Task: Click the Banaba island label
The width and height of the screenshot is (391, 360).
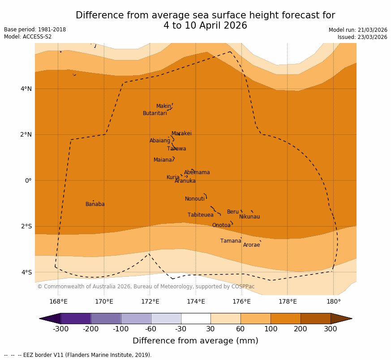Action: (x=95, y=204)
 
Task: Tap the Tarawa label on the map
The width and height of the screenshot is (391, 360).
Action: (x=176, y=149)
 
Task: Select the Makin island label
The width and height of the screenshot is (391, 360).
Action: (x=163, y=106)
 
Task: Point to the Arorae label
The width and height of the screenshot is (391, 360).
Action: (x=251, y=245)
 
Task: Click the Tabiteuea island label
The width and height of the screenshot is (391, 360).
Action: (x=200, y=215)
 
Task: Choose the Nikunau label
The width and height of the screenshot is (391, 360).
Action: (x=249, y=217)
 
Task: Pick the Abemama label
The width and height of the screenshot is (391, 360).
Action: (x=197, y=172)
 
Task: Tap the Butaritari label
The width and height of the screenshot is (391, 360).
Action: (x=155, y=113)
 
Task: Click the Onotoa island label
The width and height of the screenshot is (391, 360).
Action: (x=221, y=225)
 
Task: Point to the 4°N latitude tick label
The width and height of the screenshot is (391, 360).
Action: (x=26, y=89)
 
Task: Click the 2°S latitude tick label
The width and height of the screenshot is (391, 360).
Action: (x=26, y=227)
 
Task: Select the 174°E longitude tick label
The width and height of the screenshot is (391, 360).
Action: (x=196, y=301)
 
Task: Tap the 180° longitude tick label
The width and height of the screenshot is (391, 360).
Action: (x=333, y=301)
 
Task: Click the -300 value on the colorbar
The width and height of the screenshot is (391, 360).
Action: (x=60, y=329)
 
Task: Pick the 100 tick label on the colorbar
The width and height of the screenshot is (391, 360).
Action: (x=271, y=329)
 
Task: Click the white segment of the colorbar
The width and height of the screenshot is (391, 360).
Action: (x=196, y=318)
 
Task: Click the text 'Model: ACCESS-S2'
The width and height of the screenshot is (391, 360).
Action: (x=28, y=37)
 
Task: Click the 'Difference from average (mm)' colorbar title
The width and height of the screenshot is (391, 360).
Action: (x=195, y=341)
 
